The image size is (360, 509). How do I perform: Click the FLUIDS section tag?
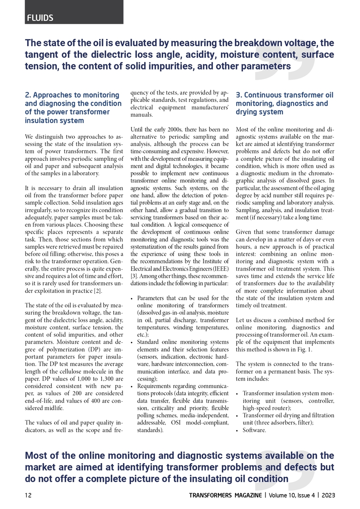(40, 18)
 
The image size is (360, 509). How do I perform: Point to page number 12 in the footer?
(28, 495)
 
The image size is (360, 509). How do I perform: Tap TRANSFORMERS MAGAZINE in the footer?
(225, 495)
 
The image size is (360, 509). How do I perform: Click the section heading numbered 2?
(73, 108)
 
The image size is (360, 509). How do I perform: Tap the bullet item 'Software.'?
(254, 430)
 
